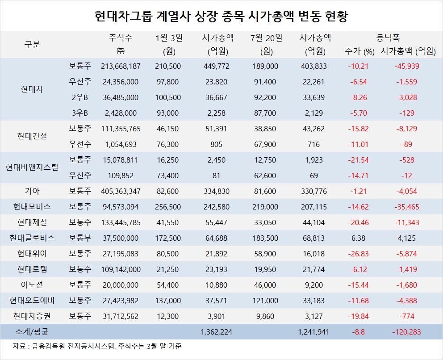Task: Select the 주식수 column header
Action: tap(120, 38)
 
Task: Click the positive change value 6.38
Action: tap(359, 238)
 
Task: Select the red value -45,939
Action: tap(407, 66)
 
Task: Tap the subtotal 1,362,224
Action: tap(217, 332)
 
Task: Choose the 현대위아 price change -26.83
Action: tap(359, 254)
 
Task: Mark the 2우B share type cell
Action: tap(80, 97)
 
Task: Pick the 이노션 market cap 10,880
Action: tap(217, 285)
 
